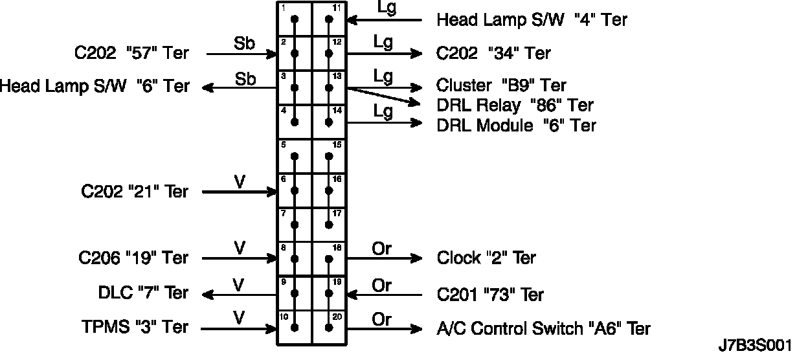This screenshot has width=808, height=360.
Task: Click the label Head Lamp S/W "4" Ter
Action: [x=532, y=20]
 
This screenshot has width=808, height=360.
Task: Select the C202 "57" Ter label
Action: [x=131, y=53]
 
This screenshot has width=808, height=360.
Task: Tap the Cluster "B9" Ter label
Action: [x=501, y=85]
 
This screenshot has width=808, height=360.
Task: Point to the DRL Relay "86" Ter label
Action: [x=515, y=105]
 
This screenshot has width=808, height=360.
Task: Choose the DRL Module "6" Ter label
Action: [x=516, y=125]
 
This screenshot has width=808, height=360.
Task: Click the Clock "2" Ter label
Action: [x=486, y=258]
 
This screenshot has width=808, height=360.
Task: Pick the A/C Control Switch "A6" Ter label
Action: [x=544, y=329]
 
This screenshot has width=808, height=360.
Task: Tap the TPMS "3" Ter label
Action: [x=135, y=327]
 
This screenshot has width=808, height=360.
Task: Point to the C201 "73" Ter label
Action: [x=490, y=295]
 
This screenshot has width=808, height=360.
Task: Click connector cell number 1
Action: [x=295, y=18]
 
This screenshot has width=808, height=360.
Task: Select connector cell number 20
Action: [x=330, y=327]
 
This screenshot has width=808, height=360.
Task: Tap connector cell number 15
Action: [x=330, y=155]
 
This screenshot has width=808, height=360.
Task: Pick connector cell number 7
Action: [x=295, y=224]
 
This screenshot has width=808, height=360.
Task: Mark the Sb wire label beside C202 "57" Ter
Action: [x=244, y=44]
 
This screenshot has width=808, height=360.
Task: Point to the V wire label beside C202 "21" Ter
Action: [x=240, y=182]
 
